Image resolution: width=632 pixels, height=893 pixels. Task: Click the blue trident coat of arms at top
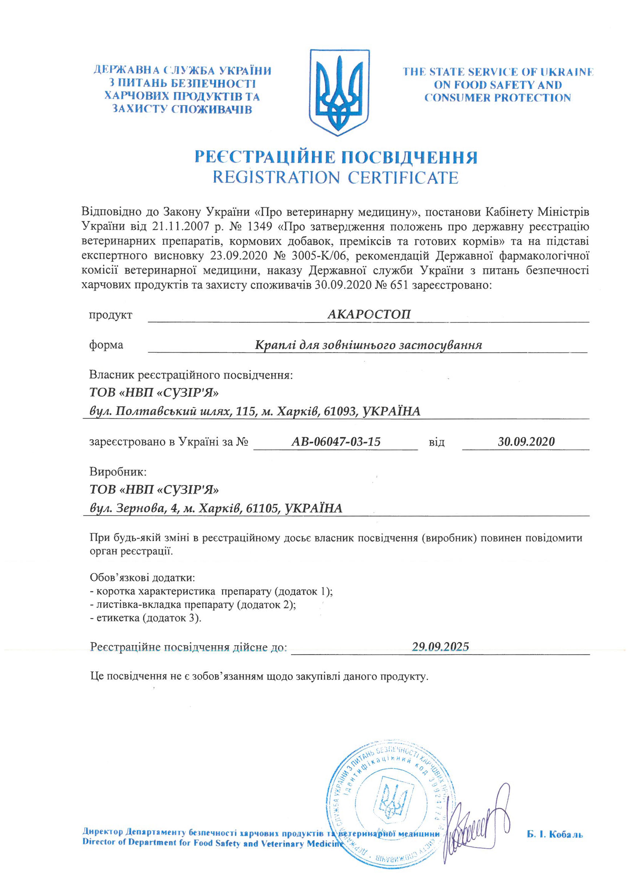pos(339,92)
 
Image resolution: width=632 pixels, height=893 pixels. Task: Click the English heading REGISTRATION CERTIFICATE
pos(335,177)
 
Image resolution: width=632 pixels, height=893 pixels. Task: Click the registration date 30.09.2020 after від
pos(526,442)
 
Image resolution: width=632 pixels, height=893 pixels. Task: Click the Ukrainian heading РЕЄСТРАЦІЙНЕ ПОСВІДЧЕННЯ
pos(335,157)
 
